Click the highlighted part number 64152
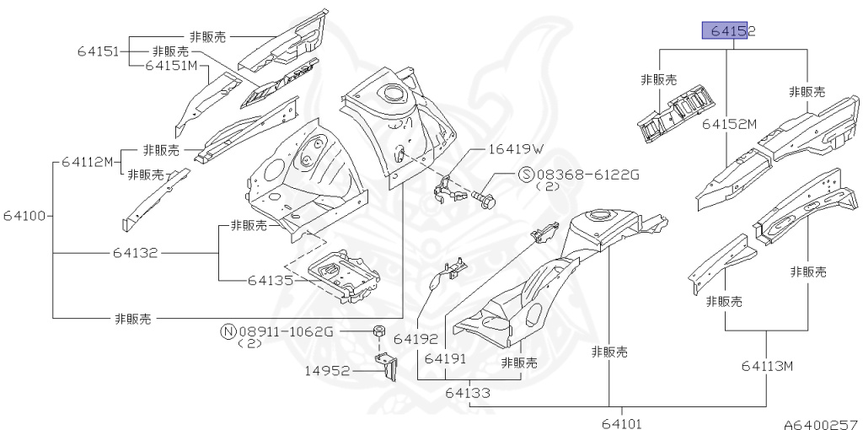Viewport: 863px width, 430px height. coord(728,31)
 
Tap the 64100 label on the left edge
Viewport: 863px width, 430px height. coord(23,215)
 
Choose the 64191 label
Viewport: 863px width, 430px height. coord(447,358)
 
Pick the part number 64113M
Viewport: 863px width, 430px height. coord(768,366)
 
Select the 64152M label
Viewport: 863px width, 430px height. coord(729,124)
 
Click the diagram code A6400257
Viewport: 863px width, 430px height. coord(820,422)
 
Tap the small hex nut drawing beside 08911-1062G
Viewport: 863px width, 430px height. coord(379,330)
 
